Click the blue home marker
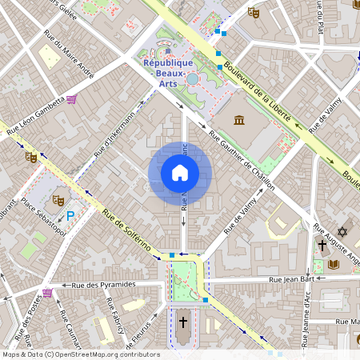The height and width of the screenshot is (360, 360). (x=180, y=173)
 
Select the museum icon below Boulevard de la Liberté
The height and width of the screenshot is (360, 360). (x=239, y=120)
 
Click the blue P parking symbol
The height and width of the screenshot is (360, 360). (x=70, y=215)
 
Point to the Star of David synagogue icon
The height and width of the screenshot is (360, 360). (x=343, y=231)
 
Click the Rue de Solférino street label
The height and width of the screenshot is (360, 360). (x=128, y=230)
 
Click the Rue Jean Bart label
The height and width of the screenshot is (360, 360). (x=294, y=279)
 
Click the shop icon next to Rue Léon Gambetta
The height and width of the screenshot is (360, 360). (x=72, y=100)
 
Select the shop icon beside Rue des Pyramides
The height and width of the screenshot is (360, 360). (x=47, y=293)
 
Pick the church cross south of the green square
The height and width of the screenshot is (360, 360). (x=183, y=322)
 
